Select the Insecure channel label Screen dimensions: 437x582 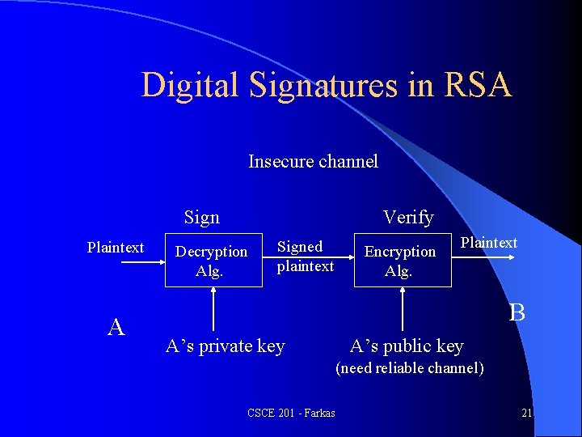313,161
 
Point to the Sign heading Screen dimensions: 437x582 201,217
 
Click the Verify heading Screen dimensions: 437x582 408,217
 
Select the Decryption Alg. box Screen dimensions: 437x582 212,261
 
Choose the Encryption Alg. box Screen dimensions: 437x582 400,261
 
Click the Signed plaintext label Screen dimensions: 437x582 305,256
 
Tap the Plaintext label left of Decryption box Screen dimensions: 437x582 116,248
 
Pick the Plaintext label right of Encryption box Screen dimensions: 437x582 489,243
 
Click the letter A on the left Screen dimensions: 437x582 116,326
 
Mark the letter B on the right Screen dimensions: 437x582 517,312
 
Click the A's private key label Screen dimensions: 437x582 225,346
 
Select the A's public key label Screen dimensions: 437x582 407,346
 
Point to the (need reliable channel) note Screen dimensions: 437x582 410,368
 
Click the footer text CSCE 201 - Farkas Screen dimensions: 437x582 292,414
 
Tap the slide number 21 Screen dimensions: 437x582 526,414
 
